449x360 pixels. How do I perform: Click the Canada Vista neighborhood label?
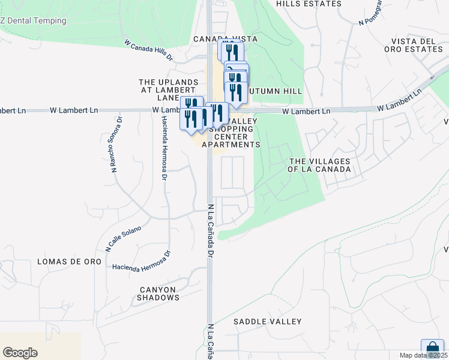(x=225, y=38)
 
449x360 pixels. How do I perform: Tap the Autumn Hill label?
(x=276, y=91)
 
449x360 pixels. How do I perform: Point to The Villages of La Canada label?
(x=319, y=165)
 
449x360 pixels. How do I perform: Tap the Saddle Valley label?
(x=267, y=322)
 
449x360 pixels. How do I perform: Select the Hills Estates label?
(x=309, y=4)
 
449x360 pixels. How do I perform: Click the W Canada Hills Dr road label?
(x=148, y=50)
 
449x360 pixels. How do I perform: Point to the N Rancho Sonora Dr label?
(x=116, y=145)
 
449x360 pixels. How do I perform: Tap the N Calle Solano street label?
(x=123, y=238)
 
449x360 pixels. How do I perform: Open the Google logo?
(x=20, y=353)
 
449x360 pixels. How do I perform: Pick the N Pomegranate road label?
(x=370, y=13)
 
